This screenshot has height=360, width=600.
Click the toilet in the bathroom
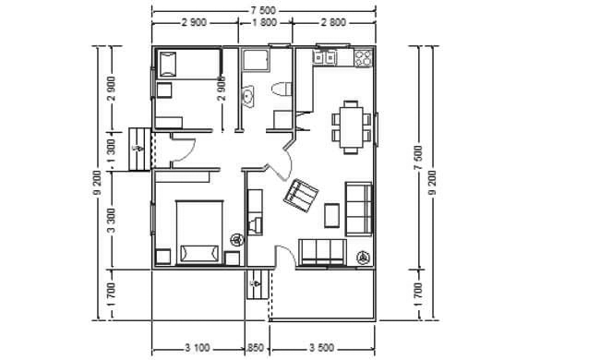tap(282, 90)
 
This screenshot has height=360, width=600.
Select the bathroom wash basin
tap(247, 95)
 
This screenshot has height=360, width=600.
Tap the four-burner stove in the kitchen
tap(363, 58)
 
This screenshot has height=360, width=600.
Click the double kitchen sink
tap(325, 58)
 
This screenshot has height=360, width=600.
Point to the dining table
tap(351, 127)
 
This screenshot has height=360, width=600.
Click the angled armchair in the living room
tap(301, 195)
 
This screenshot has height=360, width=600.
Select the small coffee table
tap(331, 215)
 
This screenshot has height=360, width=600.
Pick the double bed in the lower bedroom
tap(199, 233)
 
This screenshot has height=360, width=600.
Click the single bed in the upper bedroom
tap(188, 64)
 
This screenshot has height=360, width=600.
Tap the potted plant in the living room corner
tap(362, 258)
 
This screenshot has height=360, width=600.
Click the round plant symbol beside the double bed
tap(237, 240)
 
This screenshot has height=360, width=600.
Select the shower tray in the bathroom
tap(256, 60)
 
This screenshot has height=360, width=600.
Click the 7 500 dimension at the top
tap(263, 11)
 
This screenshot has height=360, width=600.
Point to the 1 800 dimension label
tap(265, 22)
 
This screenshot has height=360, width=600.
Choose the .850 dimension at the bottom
tap(255, 348)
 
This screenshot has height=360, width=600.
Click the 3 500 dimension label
tap(321, 348)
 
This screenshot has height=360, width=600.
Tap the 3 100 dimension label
tap(198, 348)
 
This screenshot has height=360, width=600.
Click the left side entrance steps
tap(139, 149)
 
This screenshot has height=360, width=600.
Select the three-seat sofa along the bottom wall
tap(322, 252)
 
